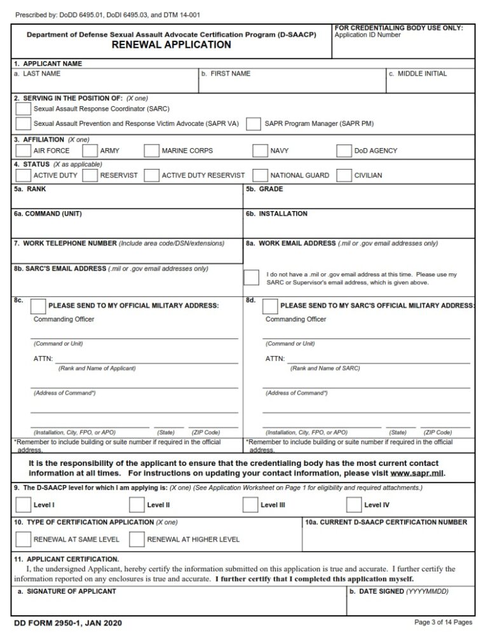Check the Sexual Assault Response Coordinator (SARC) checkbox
23,109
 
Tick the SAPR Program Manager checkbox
254,123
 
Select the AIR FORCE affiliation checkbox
23,151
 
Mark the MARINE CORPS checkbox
151,151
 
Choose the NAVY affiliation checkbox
260,151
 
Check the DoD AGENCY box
344,151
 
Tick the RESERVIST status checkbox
90,175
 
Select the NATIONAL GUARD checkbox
260,175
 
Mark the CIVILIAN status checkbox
344,175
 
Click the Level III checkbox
250,505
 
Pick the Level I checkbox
23,505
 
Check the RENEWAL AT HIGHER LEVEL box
137,540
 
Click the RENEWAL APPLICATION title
172,45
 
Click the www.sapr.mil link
417,474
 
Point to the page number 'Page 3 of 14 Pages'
443,622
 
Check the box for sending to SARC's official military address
270,306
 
